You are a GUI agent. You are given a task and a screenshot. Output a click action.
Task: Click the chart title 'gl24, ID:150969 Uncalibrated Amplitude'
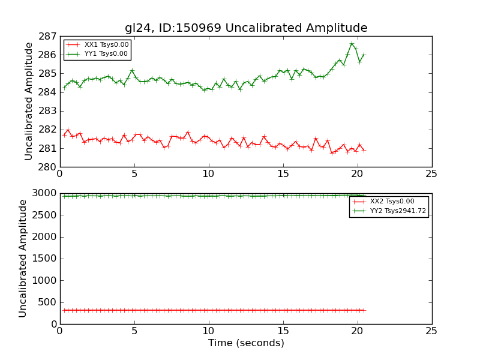[246, 28]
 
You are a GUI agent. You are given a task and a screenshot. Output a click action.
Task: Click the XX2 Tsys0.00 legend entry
[392, 202]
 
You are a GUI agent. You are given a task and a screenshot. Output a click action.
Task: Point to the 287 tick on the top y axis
[49, 36]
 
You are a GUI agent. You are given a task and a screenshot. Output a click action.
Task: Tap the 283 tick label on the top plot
[49, 111]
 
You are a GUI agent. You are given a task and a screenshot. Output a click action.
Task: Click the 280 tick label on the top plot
[49, 167]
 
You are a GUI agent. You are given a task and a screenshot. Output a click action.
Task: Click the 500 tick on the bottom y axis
[47, 302]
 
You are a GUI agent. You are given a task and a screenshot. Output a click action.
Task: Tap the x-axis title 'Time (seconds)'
[246, 343]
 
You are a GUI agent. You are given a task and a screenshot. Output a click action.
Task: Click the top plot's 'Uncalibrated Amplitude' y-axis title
[29, 101]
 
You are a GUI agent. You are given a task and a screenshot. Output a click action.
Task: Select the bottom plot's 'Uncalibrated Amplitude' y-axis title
[23, 258]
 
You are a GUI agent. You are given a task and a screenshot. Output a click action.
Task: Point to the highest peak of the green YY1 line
[352, 43]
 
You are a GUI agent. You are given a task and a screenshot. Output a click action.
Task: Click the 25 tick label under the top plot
[431, 174]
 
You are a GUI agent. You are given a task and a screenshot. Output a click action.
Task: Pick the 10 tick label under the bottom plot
[208, 331]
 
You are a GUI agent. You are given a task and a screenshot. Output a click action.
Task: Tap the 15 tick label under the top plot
[283, 174]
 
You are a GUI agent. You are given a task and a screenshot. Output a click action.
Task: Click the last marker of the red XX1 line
[364, 150]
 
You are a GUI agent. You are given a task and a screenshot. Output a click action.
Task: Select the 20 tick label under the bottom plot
[357, 331]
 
